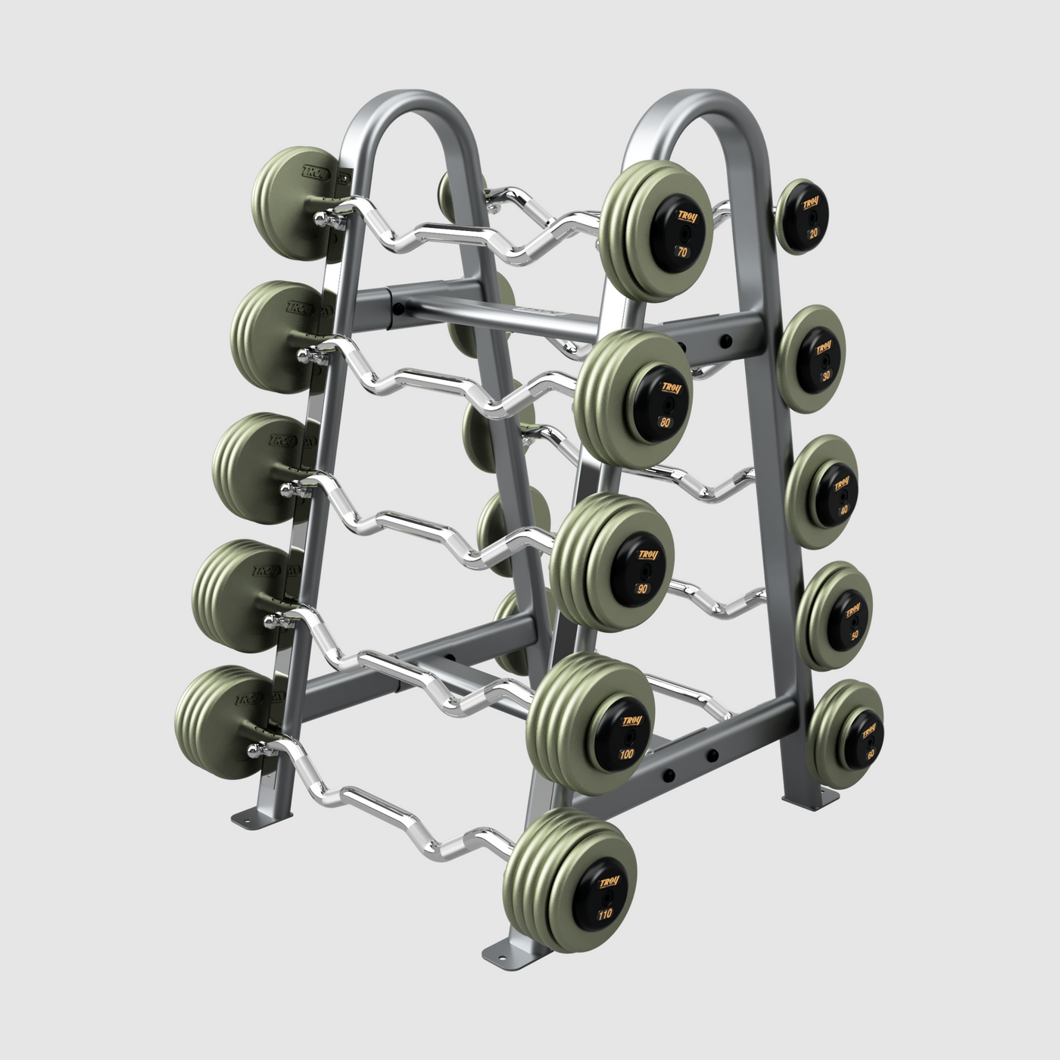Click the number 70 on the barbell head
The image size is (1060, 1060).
[682, 252]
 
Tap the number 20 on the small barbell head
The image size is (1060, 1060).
[813, 233]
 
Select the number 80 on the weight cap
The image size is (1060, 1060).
[665, 422]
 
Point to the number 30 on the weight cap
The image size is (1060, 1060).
[826, 375]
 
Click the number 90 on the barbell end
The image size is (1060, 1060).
[643, 588]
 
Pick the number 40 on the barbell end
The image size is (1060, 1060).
[843, 510]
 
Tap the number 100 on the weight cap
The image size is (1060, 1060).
[627, 754]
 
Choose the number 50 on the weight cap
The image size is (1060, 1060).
[855, 635]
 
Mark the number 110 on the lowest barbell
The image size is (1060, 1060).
[605, 914]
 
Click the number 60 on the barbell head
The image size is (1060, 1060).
[871, 754]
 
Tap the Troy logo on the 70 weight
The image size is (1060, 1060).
[687, 217]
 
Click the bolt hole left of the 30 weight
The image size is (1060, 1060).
[725, 340]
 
